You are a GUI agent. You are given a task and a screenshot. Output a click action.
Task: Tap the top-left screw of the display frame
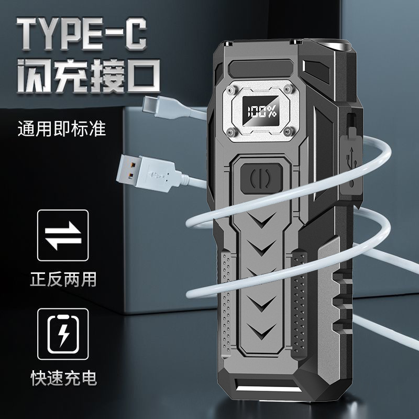[230, 89]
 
